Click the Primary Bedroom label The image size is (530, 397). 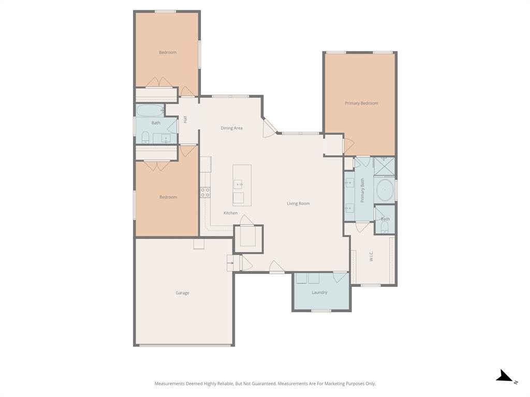click(361, 103)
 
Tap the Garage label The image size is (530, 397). click(182, 293)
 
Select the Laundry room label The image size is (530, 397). click(319, 293)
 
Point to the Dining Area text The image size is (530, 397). click(231, 128)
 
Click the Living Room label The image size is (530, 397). click(298, 204)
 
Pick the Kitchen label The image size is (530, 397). click(230, 213)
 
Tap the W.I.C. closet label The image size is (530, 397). click(372, 256)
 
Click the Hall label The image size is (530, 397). click(185, 119)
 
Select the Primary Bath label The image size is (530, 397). click(362, 190)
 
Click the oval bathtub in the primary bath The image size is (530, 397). click(385, 190)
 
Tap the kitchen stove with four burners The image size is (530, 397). click(205, 193)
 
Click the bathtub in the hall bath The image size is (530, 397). click(150, 110)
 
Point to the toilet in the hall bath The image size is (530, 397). click(145, 137)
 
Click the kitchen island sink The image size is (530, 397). click(238, 184)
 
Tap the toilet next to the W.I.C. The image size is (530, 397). click(385, 227)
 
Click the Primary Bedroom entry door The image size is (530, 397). click(348, 146)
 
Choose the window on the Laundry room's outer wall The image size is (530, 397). click(321, 311)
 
